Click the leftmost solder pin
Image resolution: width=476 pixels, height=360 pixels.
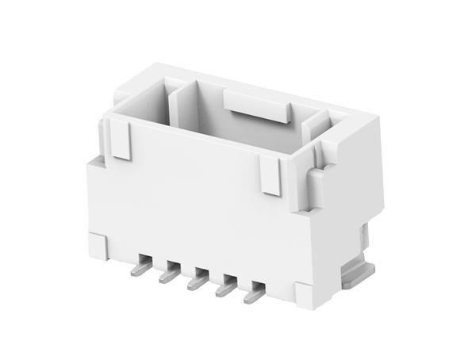pyautogui.click(x=140, y=267)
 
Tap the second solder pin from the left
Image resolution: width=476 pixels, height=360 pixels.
pyautogui.click(x=169, y=275)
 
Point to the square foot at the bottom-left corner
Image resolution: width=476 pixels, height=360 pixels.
pyautogui.click(x=98, y=245)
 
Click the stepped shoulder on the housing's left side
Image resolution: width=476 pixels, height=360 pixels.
pyautogui.click(x=94, y=162)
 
